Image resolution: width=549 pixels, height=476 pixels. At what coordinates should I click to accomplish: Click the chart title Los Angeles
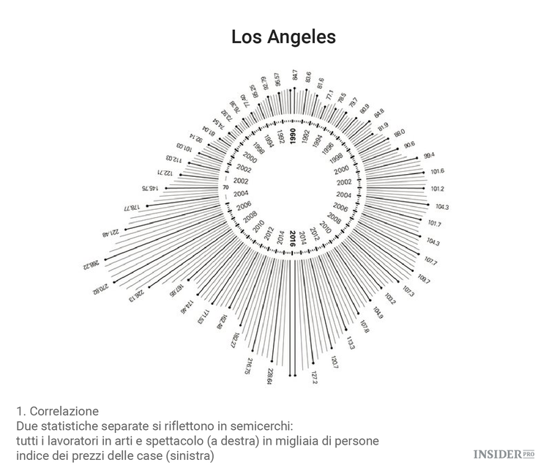[x=283, y=37]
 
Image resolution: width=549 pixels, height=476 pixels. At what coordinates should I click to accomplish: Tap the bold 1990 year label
[x=293, y=136]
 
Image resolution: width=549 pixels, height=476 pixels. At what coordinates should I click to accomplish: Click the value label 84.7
[x=295, y=75]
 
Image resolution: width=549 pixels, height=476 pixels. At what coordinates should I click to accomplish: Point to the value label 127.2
[x=314, y=377]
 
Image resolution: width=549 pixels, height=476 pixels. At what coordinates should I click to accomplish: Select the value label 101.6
[x=438, y=171]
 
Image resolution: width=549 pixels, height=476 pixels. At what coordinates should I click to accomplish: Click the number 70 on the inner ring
[x=225, y=187]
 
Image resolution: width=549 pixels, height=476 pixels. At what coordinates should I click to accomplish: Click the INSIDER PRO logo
[x=504, y=454]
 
